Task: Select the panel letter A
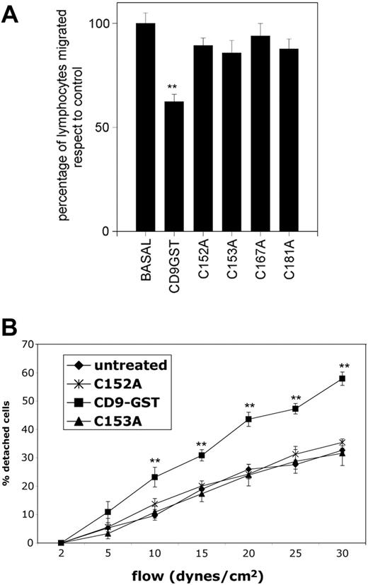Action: click(x=12, y=16)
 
